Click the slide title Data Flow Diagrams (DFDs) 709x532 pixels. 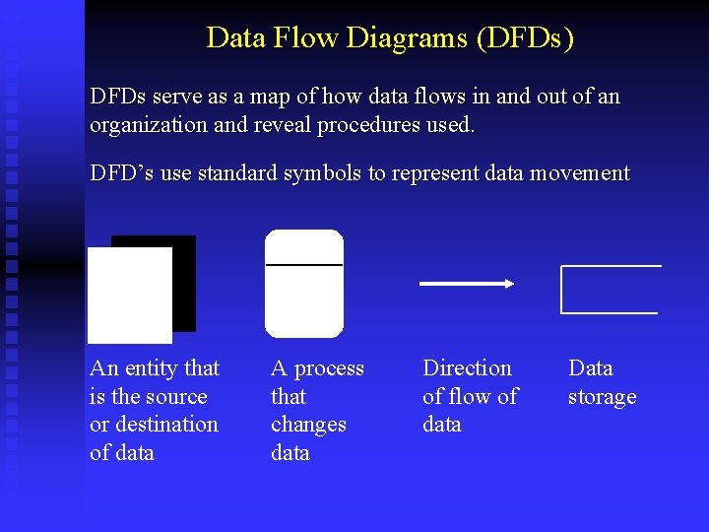(390, 37)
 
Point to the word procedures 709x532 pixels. (381, 125)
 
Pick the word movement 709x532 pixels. (579, 173)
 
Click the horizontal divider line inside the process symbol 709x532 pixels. (304, 265)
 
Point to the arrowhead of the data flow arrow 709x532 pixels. (508, 284)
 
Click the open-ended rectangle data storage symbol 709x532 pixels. (609, 290)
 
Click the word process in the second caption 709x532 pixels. (329, 368)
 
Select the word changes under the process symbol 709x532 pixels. (308, 425)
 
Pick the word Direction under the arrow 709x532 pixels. (467, 368)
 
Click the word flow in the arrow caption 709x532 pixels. (472, 396)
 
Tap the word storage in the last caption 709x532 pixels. (602, 397)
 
